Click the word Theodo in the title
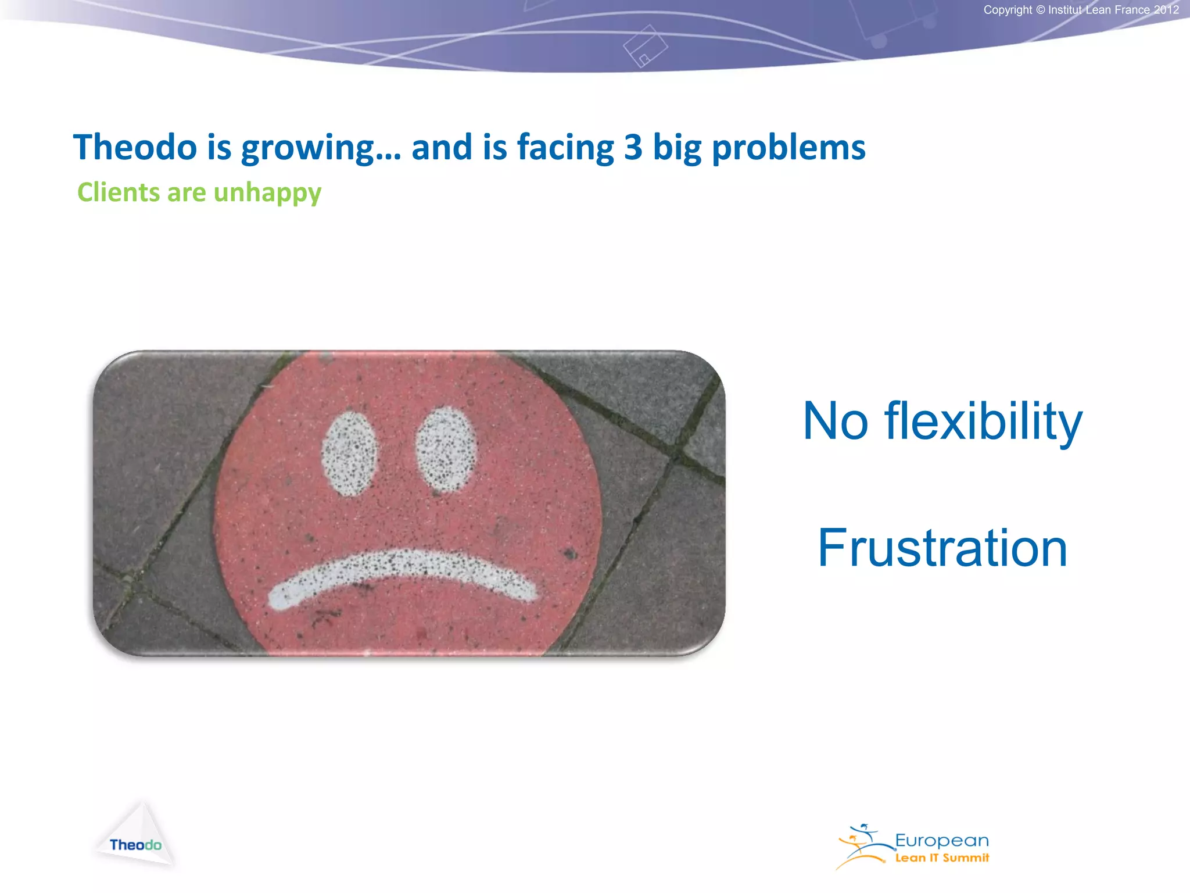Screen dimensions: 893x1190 [135, 147]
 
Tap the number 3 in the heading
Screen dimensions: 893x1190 [633, 147]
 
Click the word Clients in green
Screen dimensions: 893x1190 [119, 192]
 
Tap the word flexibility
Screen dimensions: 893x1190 [983, 422]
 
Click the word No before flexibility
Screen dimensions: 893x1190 [835, 422]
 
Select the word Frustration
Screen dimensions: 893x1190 [942, 548]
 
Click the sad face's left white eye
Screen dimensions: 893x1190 [349, 453]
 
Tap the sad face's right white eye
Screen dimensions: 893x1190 [446, 449]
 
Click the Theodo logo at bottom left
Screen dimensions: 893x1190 [135, 837]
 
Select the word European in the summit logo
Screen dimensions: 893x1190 [941, 841]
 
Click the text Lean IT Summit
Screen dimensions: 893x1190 [941, 858]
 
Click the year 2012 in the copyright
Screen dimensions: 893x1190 [1166, 10]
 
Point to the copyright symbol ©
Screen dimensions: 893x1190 [1040, 10]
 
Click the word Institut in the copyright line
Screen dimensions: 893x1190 [1065, 10]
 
